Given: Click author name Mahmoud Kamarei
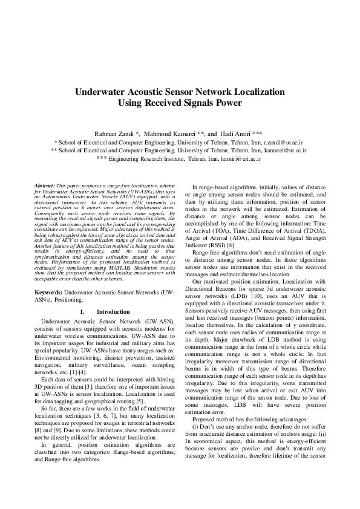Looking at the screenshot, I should pos(172,132).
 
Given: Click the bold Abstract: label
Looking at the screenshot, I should pos(45,184).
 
